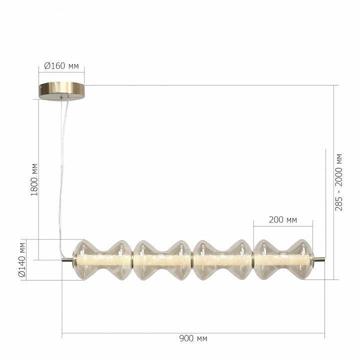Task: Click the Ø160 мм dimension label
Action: point(62,66)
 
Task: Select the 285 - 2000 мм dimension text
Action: point(339,181)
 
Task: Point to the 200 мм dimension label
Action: point(283,219)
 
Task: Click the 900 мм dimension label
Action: point(193,338)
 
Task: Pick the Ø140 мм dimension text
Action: point(22,259)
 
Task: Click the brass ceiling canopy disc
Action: point(62,90)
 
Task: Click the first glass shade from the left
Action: point(102,259)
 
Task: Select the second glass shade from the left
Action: point(162,259)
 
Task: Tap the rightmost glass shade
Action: point(283,259)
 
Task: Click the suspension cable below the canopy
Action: point(61,165)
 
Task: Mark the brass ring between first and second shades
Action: point(132,259)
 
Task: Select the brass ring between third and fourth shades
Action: point(253,259)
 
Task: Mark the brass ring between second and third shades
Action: point(192,259)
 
